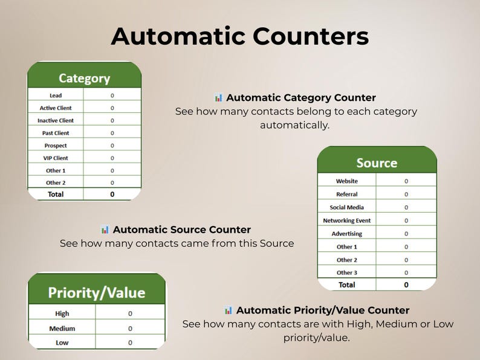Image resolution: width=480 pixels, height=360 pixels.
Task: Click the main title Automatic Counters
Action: coord(240,36)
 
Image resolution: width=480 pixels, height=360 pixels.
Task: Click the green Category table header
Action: coord(84,78)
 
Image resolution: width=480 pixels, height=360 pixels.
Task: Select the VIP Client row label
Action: coord(56,158)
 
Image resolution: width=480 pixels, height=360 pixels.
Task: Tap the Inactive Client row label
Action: coord(56,121)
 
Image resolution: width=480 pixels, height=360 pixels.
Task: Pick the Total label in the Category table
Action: coord(56,194)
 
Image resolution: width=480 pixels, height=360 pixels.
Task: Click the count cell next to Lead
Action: coord(112,95)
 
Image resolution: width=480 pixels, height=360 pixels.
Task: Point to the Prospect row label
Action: coord(56,146)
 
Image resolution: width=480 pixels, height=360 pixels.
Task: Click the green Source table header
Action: coord(377,163)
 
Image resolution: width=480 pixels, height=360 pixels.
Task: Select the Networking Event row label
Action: coord(347,220)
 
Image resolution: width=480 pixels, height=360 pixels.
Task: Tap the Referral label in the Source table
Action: coord(347,194)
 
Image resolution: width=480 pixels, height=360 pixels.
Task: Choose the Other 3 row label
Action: coord(347,273)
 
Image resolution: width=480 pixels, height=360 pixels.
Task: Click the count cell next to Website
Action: coord(406,181)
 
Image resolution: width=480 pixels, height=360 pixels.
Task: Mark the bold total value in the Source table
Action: coord(406,285)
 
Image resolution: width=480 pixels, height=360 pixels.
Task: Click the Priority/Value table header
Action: coord(97,293)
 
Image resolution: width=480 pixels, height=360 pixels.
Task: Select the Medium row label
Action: coord(62,329)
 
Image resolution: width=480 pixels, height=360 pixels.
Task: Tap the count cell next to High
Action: coord(130,313)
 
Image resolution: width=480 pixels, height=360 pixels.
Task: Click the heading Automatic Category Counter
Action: coord(301,98)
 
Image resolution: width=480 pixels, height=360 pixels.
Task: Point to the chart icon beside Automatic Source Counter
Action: coord(105,230)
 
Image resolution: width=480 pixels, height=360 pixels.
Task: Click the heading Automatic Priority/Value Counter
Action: coord(323,310)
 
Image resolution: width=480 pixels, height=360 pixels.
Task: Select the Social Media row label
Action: coord(347,207)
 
